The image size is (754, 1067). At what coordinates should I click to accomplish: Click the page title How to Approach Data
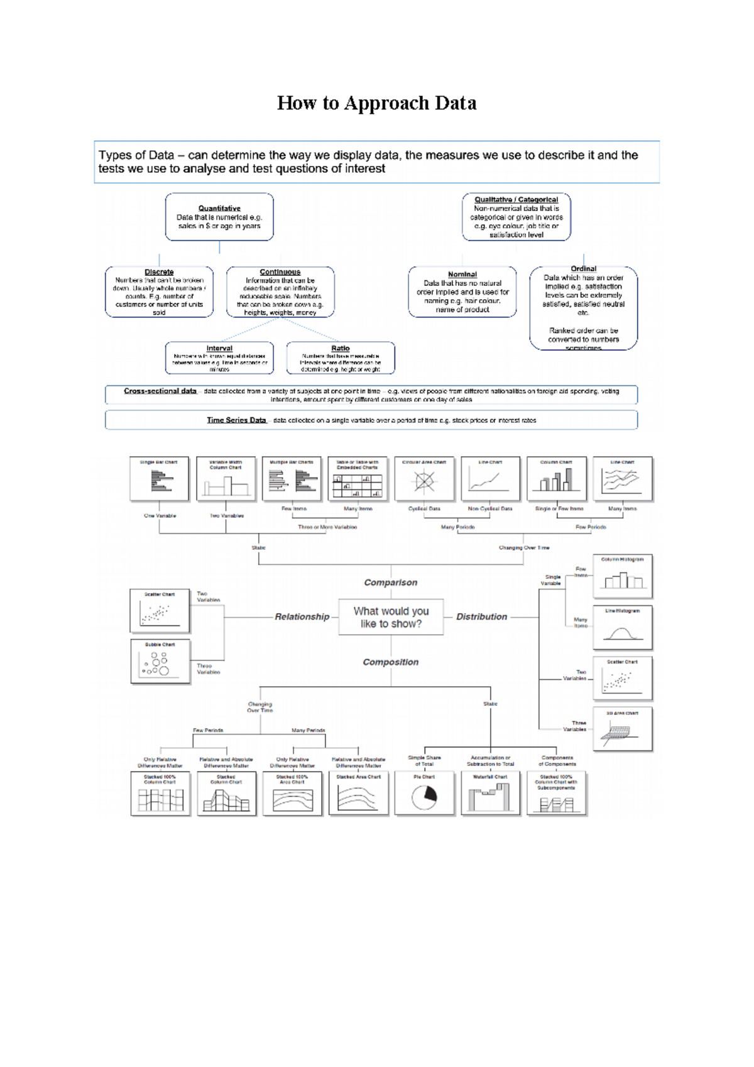click(376, 103)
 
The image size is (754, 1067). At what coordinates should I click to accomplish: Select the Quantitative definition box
click(219, 217)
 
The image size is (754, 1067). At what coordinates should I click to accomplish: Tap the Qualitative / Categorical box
click(516, 217)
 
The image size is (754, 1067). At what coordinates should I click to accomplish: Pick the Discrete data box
click(159, 292)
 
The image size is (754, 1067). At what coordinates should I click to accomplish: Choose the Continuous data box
click(280, 292)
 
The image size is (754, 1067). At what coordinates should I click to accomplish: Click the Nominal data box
click(462, 292)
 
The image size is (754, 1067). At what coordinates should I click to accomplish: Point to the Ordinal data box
click(583, 307)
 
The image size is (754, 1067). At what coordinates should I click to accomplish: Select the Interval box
click(219, 358)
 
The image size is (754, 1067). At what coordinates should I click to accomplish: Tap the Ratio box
click(341, 358)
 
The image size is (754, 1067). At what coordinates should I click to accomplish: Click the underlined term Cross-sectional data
click(160, 391)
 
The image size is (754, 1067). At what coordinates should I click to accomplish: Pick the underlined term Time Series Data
click(236, 420)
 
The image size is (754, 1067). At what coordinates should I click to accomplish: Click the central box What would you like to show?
click(391, 617)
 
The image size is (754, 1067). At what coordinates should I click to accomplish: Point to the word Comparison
click(390, 583)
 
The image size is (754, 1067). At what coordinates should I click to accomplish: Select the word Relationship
click(302, 617)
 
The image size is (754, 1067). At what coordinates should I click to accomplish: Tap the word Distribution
click(481, 617)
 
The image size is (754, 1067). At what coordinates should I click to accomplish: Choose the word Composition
click(390, 662)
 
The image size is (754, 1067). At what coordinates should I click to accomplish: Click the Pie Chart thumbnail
click(424, 794)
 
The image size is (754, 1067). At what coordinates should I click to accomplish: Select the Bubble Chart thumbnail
click(160, 661)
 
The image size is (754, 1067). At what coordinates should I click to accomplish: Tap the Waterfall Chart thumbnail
click(490, 794)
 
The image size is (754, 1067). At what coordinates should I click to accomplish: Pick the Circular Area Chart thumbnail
click(424, 479)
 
